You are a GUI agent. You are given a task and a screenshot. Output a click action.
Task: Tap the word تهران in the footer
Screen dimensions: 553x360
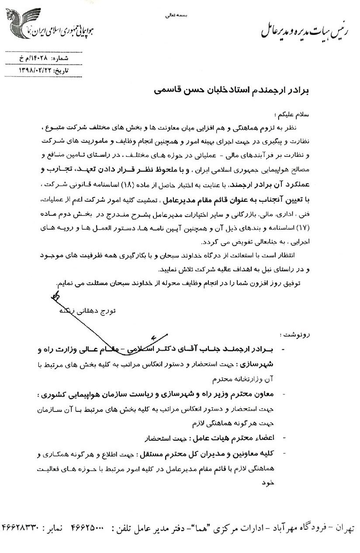coord(342,528)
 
